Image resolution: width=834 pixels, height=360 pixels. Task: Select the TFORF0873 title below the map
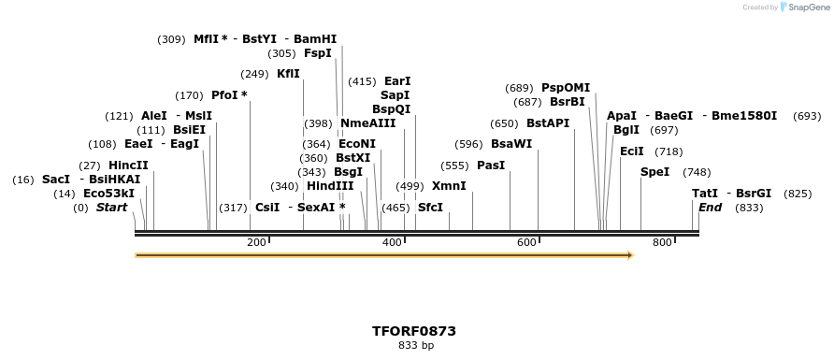tap(414, 331)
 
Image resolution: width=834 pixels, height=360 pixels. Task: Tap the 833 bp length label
tap(414, 346)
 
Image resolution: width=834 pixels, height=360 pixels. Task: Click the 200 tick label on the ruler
tap(256, 242)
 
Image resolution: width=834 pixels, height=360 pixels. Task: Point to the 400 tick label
tap(392, 242)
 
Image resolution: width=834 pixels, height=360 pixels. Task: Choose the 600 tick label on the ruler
tap(526, 242)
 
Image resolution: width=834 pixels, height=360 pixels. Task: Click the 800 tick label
tap(662, 242)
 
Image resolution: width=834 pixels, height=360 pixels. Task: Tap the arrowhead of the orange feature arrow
tap(629, 254)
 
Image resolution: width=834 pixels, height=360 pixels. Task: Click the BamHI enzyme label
tap(315, 39)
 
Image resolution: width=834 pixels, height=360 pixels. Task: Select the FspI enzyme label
tap(318, 53)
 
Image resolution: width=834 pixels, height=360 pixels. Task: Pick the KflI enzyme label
tap(288, 74)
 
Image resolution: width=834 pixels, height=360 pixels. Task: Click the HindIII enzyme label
tap(330, 186)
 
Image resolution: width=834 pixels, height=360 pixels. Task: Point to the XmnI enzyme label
tap(449, 186)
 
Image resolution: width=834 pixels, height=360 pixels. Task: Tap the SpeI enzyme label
tap(654, 172)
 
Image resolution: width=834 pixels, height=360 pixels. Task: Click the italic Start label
tap(111, 207)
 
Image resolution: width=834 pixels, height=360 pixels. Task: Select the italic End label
tap(710, 207)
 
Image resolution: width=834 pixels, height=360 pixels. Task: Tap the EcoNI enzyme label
tap(357, 144)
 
